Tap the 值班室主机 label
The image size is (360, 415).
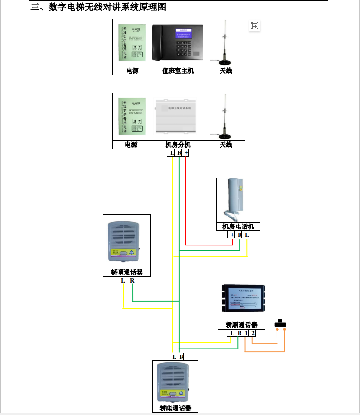pos(178,71)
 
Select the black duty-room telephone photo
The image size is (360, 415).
pos(178,43)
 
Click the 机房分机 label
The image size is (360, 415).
pos(178,145)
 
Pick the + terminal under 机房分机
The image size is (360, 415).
pos(186,153)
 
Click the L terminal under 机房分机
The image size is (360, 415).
pos(172,153)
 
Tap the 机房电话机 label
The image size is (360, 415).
pos(238,226)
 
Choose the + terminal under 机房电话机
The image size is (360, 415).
pos(232,235)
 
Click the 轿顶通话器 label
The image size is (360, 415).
pos(127,272)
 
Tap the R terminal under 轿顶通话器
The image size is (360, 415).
pos(132,280)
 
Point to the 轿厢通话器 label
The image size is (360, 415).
pos(241,325)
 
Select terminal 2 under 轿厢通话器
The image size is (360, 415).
pos(253,333)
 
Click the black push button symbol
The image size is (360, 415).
pos(280,324)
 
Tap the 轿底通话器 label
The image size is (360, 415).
pos(175,408)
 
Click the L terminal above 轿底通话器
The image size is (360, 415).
pos(174,357)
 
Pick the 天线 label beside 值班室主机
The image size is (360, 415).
pos(226,71)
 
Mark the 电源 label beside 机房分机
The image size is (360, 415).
pos(131,145)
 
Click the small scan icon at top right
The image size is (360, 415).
pos(255,26)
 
